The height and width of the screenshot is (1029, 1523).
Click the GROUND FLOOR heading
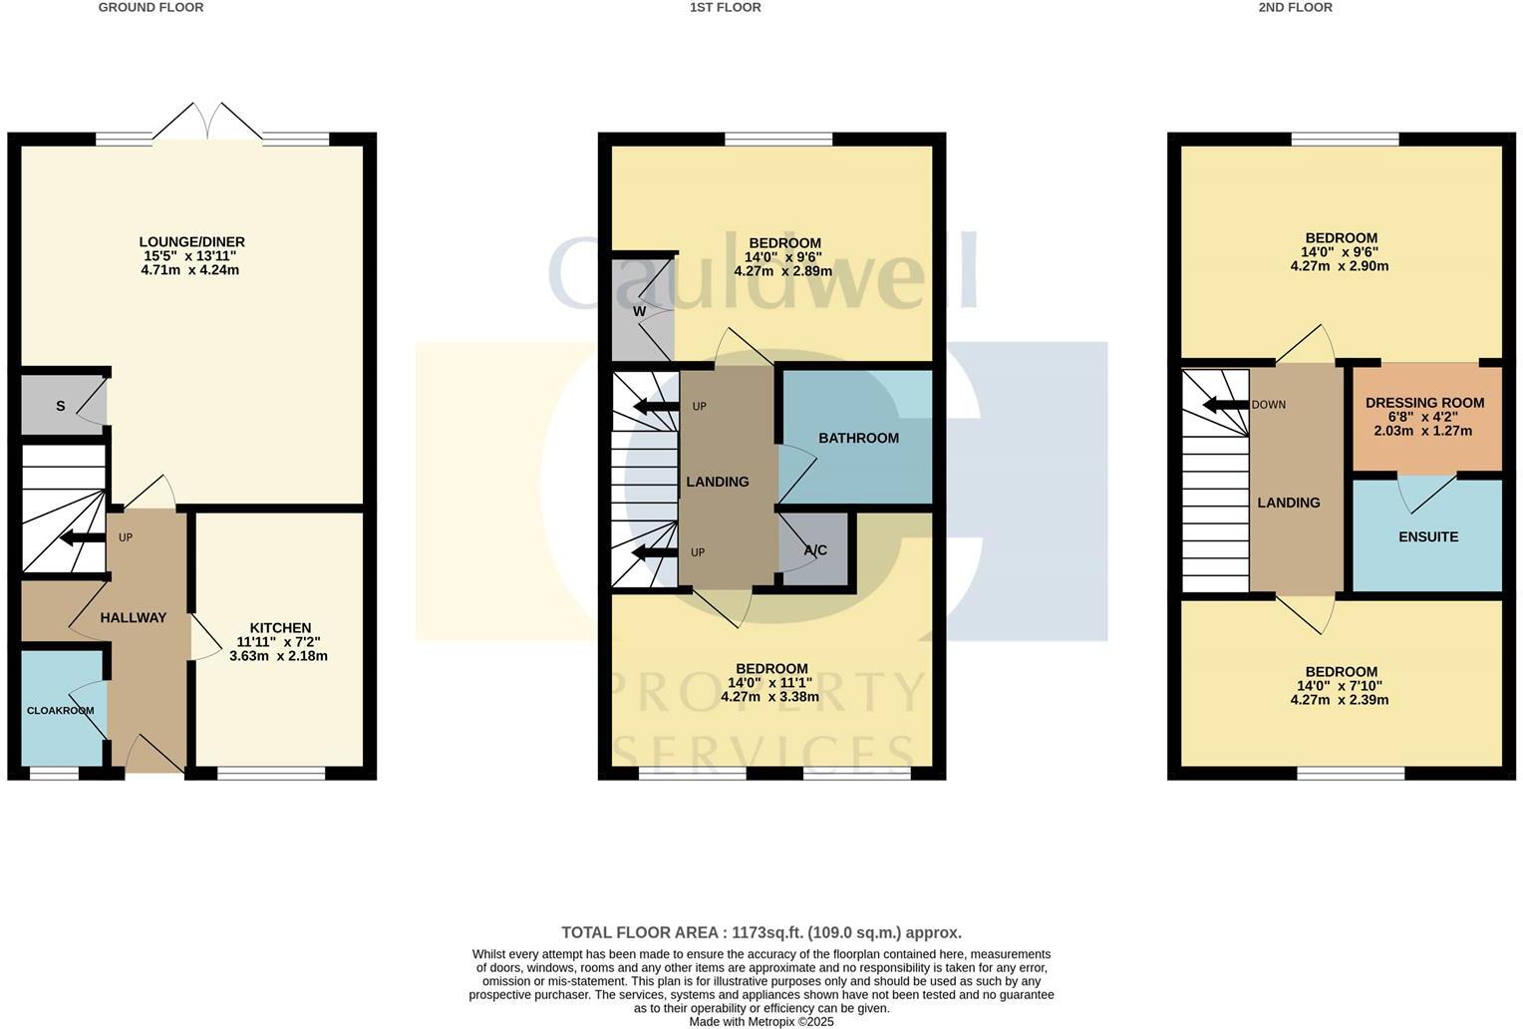[151, 8]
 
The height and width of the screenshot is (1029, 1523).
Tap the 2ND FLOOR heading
[1295, 8]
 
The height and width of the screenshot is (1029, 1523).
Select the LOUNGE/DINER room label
[191, 242]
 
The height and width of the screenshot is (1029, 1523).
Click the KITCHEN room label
[280, 628]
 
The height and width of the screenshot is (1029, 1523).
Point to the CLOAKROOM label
[61, 711]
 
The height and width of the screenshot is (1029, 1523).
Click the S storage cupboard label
[61, 406]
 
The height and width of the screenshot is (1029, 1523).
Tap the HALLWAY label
[134, 618]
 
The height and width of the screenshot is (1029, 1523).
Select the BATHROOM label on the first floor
[858, 439]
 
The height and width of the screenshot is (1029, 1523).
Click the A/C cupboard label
[815, 550]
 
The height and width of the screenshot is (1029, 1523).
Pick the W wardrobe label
[639, 312]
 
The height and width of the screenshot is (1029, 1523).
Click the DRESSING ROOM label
[1424, 403]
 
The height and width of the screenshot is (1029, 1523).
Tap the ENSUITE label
[1427, 537]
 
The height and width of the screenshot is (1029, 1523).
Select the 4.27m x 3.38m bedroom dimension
[770, 697]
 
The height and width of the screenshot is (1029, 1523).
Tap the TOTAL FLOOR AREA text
[761, 933]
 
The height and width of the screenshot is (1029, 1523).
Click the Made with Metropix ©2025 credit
[761, 1021]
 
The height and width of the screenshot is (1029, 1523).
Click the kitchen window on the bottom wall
[271, 773]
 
